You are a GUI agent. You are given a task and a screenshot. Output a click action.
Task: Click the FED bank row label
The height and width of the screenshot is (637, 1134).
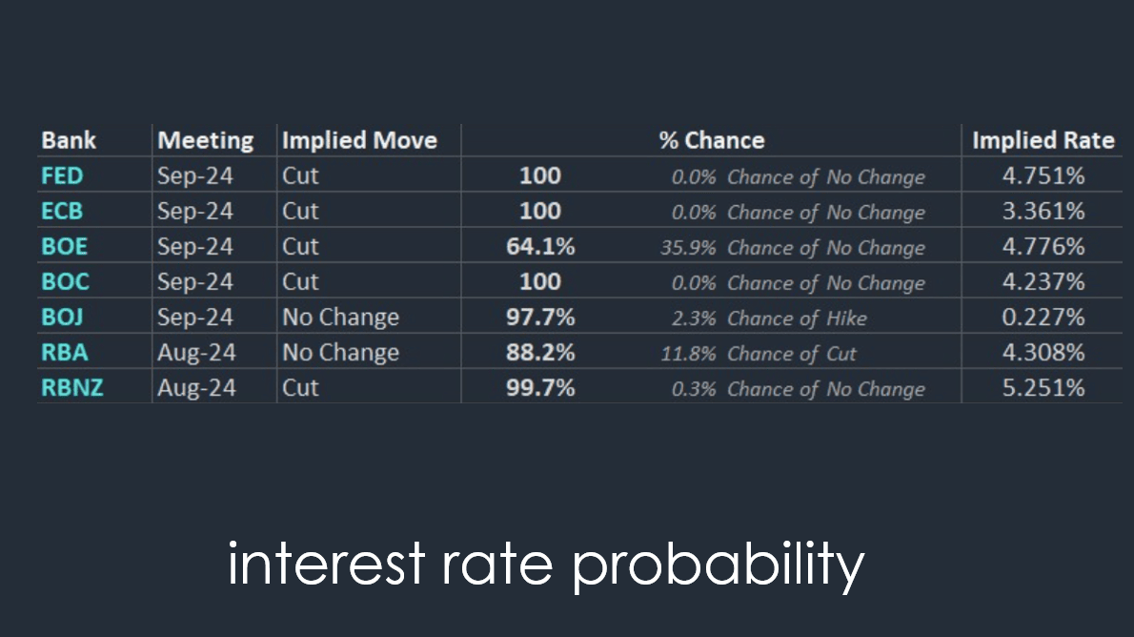coord(62,175)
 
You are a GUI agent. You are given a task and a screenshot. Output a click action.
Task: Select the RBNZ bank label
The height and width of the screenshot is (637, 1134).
coord(72,388)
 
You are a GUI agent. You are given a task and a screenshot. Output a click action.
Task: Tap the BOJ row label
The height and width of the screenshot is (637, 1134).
coord(62,317)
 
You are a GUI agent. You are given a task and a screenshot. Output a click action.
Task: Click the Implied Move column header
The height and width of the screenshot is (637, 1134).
coord(359,140)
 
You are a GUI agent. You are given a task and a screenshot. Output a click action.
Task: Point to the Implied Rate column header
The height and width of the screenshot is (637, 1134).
coord(1043,140)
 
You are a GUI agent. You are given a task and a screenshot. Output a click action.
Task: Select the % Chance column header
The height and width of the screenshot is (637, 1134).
coord(712,140)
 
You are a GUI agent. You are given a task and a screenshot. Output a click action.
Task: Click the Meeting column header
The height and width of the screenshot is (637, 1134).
coord(206,141)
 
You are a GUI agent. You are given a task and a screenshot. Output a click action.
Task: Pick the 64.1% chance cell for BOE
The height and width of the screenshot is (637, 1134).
coord(540,247)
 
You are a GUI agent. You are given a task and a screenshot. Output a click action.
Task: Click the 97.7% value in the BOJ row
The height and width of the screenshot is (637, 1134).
coord(540,317)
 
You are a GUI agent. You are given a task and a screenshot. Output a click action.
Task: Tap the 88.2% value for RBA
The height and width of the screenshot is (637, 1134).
coord(540,353)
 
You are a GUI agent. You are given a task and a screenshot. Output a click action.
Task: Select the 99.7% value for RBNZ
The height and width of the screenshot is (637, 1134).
coord(540,388)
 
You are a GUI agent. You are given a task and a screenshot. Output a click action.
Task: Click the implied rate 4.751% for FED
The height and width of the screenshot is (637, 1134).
coord(1043,175)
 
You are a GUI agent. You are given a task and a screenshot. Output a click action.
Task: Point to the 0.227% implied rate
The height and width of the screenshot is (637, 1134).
coord(1043,317)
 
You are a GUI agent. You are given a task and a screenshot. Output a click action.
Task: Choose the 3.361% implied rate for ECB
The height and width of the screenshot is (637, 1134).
coord(1043,212)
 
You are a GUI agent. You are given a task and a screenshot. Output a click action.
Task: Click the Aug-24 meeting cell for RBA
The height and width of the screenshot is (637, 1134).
coord(196,353)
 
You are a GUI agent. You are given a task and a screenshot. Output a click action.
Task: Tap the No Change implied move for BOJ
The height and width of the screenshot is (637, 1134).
coord(340,318)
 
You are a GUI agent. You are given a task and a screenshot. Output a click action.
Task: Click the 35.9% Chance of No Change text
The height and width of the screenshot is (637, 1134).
coord(793,248)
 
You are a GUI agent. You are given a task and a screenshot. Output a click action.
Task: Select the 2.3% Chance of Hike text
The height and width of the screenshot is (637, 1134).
coord(769,318)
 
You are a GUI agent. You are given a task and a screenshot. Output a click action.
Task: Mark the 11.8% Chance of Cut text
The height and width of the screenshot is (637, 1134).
coord(758,354)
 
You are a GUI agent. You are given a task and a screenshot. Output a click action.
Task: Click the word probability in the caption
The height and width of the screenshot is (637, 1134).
coord(719,565)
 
